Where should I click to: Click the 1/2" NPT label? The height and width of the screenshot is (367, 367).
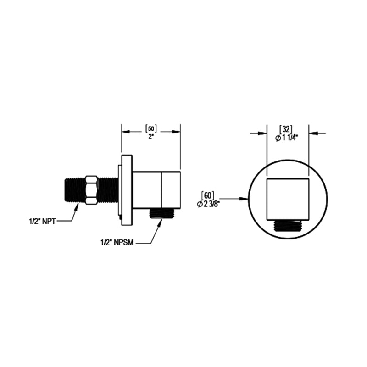(42, 221)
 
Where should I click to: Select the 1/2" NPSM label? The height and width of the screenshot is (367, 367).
(117, 243)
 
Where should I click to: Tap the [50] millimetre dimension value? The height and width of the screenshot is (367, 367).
(151, 129)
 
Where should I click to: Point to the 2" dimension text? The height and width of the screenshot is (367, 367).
(151, 136)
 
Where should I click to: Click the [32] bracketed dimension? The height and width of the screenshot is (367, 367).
(286, 129)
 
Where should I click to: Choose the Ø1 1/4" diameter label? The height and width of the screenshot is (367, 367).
(286, 138)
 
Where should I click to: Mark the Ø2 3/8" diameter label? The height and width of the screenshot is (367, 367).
(208, 204)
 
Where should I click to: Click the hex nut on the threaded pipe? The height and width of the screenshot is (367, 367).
(91, 190)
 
